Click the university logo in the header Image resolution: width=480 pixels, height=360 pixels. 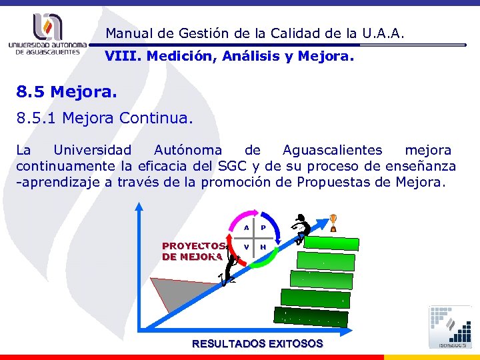(x=48, y=33)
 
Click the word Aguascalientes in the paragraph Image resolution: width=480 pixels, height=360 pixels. (x=333, y=150)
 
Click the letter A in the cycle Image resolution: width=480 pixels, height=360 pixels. (x=246, y=228)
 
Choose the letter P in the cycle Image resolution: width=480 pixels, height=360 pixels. (x=263, y=228)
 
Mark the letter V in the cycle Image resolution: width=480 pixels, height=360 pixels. (x=246, y=247)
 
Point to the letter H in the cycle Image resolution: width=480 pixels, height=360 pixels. (x=263, y=247)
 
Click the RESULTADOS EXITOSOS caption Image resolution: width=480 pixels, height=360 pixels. (x=257, y=344)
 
